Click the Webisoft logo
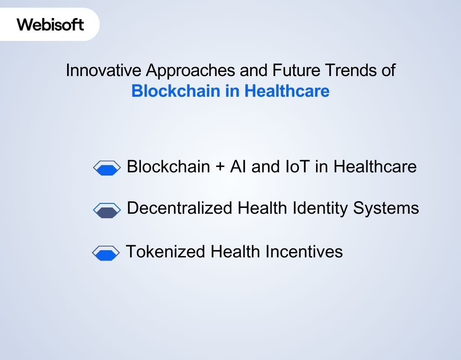50,24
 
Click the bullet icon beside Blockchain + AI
107,168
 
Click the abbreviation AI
238,167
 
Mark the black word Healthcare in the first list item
375,167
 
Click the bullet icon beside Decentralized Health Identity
107,210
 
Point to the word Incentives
304,251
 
